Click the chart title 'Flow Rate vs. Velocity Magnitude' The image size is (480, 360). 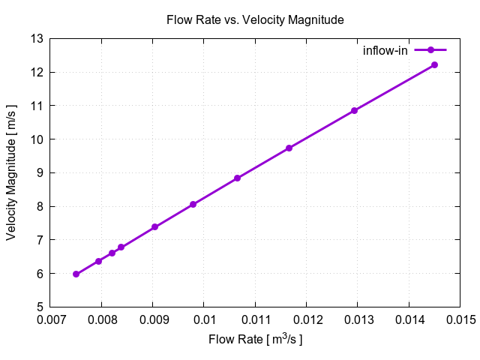pos(255,20)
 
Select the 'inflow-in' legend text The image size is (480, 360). pos(385,50)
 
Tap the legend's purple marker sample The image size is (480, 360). pos(430,50)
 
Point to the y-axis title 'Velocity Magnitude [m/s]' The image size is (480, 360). pos(11,172)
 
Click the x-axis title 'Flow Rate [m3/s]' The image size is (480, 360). pos(255,340)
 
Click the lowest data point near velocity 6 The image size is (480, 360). pos(76,274)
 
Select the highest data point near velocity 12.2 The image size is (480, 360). pos(434,65)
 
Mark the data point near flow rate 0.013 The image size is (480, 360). pos(354,111)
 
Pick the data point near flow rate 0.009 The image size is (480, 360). pos(154,227)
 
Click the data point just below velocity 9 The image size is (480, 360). pos(237,178)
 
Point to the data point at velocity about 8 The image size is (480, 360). pos(193,204)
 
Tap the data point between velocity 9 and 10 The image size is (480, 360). pos(289,148)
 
